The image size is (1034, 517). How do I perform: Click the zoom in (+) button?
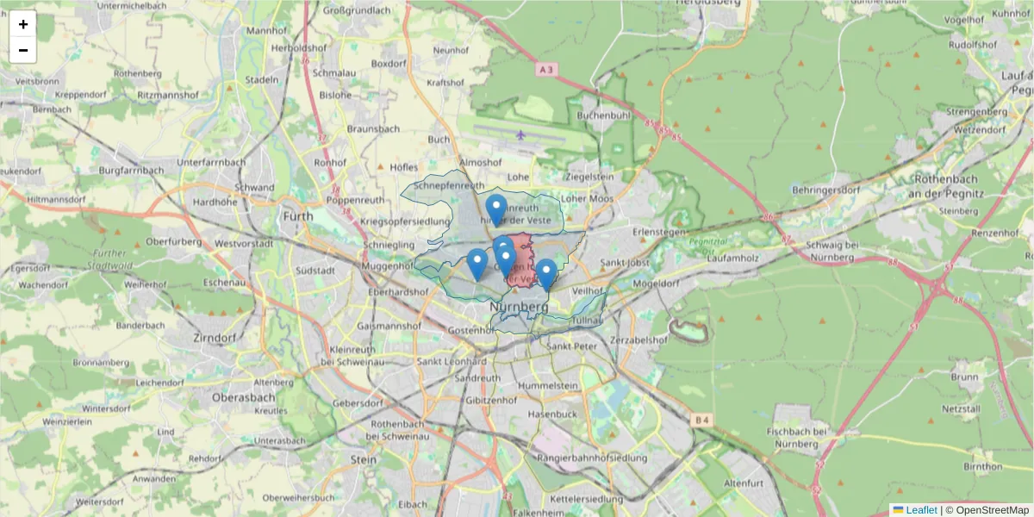point(23,24)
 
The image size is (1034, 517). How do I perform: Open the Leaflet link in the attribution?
point(920,510)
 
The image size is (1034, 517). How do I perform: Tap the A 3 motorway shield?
point(545,68)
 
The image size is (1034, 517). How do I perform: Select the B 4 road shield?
point(702,420)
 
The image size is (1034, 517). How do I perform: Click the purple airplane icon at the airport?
point(520,134)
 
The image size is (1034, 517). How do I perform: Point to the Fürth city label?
point(298,216)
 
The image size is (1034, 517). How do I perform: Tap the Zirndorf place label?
point(215,337)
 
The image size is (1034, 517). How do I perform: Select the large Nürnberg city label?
point(519,307)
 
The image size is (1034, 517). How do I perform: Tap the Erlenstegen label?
point(658,233)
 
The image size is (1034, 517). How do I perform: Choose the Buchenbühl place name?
point(604,115)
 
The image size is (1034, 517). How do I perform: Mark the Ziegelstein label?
point(589,177)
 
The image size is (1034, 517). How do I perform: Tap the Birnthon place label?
point(982,466)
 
